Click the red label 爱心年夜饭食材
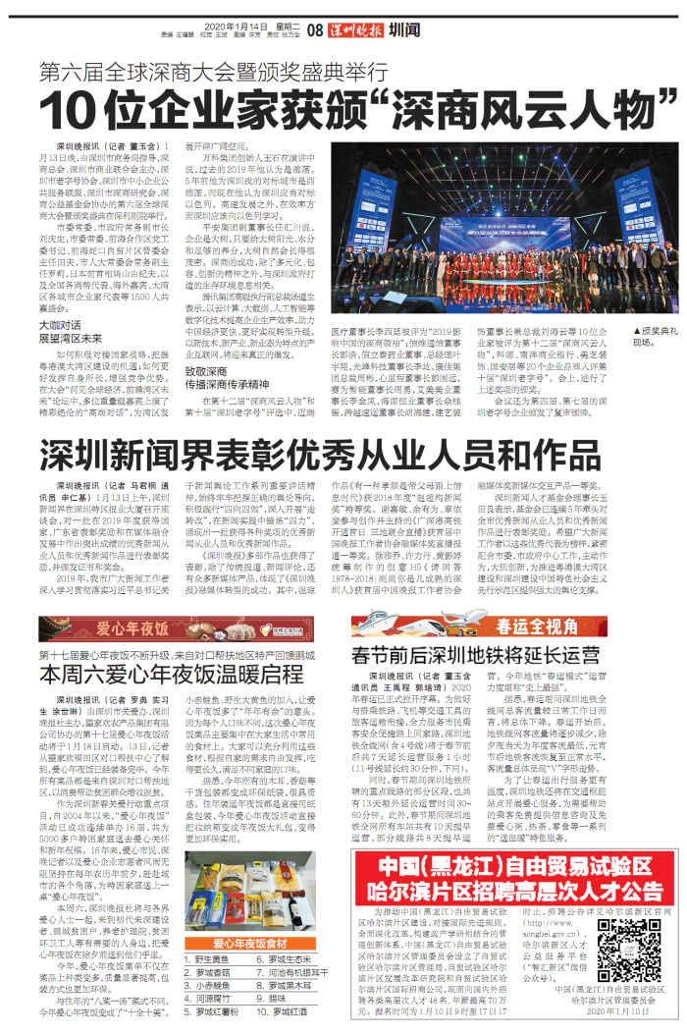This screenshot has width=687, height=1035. click(239, 943)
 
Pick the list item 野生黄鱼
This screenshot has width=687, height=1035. click(215, 957)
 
